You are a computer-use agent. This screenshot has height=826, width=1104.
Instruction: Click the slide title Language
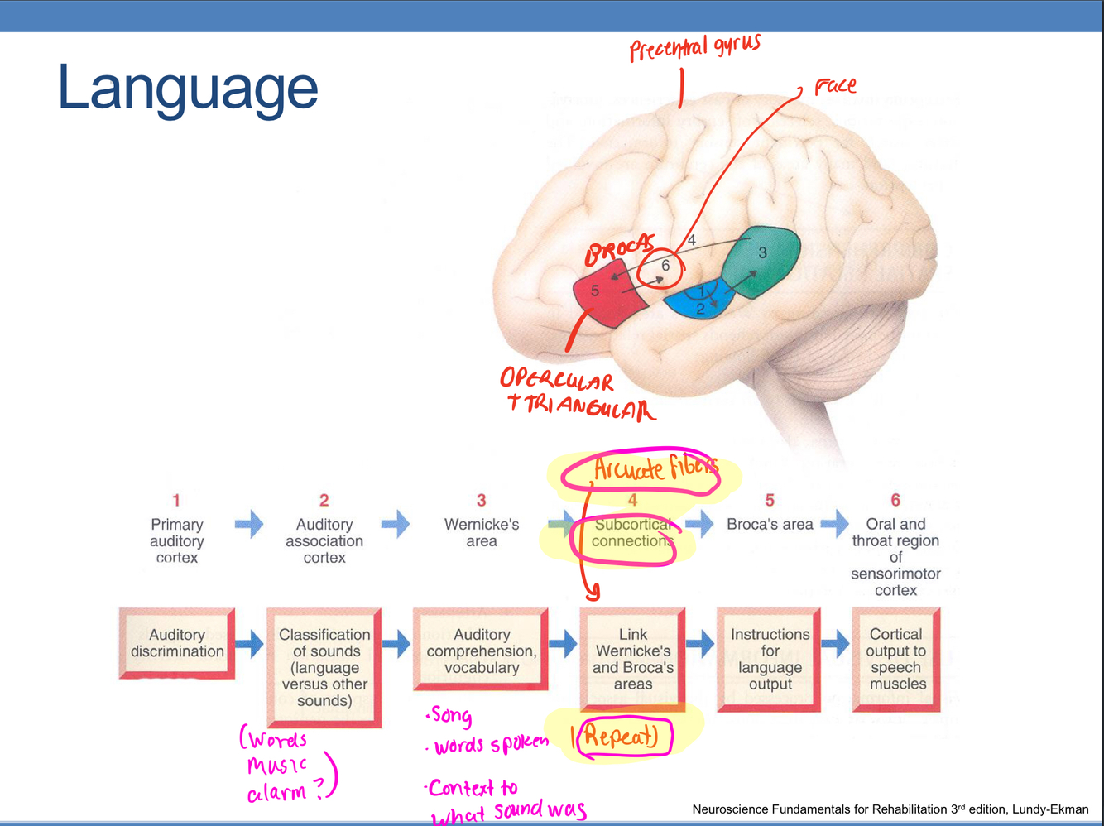(187, 87)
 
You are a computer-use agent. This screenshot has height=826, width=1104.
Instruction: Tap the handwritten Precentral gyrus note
(694, 47)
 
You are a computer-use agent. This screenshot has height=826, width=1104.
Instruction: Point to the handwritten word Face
(834, 86)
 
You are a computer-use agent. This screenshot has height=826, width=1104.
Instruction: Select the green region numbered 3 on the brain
(762, 261)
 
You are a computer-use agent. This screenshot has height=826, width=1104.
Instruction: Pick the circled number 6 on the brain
(664, 267)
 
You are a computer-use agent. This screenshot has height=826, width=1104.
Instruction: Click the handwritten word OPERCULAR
(556, 380)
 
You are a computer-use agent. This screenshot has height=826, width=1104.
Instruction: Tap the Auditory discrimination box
(177, 643)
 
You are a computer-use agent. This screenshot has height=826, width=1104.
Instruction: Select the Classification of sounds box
(324, 667)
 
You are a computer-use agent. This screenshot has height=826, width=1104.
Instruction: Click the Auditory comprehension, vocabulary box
(481, 651)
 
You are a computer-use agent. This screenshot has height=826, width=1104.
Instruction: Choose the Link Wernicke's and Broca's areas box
(633, 659)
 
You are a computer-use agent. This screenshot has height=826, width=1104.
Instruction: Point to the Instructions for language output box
(770, 659)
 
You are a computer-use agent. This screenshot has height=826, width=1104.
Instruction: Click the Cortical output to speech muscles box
(896, 659)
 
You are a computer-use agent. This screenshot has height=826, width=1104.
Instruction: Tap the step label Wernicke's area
(481, 532)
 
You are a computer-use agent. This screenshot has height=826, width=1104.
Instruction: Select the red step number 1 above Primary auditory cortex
(175, 500)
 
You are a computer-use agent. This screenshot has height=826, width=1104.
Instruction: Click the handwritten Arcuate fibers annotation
(651, 469)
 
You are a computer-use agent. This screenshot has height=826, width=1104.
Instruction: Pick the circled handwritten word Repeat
(622, 735)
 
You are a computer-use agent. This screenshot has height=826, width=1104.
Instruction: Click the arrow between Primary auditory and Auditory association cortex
(248, 524)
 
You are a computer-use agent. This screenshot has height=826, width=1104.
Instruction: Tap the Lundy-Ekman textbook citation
(890, 809)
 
